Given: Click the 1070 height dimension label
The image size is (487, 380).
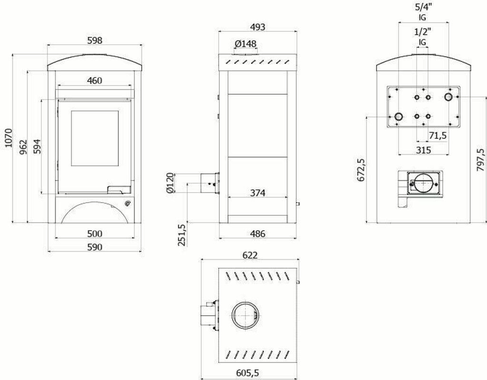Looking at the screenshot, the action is click(x=7, y=138).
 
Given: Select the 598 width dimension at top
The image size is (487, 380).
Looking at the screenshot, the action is click(x=95, y=40).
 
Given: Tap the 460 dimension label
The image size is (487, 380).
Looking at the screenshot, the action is click(x=94, y=81).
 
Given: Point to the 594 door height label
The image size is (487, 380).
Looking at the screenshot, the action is click(x=36, y=146).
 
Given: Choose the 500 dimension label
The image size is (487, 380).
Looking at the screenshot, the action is click(x=95, y=234).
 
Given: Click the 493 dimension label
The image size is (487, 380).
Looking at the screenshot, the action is click(x=257, y=27).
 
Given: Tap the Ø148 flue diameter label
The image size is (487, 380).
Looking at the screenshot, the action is click(x=245, y=44).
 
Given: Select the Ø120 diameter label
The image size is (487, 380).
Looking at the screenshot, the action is click(x=172, y=183).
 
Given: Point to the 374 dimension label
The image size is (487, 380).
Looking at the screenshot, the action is click(x=257, y=193).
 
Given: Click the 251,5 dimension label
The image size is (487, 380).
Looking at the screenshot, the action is click(x=181, y=234).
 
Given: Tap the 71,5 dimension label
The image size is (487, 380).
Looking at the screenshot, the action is click(x=438, y=136).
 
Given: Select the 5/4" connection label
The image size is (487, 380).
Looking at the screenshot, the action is click(x=422, y=7).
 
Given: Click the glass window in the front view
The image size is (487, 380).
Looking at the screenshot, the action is click(x=95, y=138).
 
